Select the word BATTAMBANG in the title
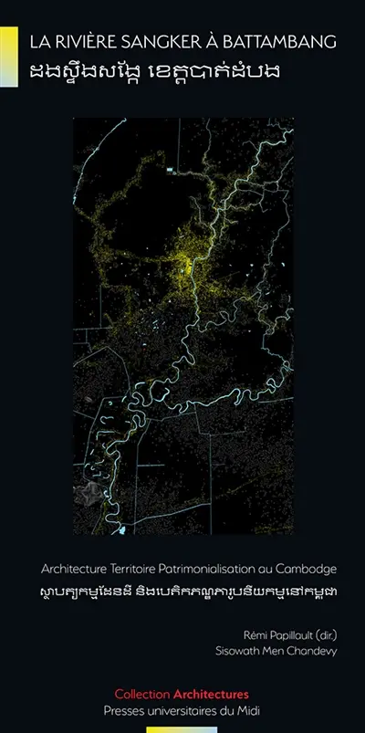[282, 41]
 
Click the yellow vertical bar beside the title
[9, 56]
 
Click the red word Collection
[145, 694]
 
